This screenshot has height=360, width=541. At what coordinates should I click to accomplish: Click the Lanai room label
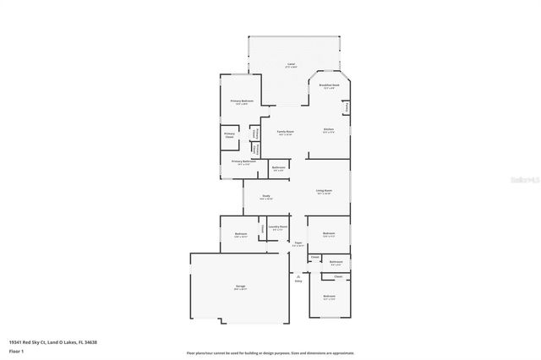[290, 64]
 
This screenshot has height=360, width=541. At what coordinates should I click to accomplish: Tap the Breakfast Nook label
[329, 85]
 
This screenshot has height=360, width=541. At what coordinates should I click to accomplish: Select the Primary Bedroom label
[243, 101]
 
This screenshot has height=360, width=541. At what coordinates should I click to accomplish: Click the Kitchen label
[329, 129]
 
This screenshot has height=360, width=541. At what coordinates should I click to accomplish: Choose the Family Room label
[286, 132]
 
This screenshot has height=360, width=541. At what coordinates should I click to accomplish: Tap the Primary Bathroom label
[243, 161]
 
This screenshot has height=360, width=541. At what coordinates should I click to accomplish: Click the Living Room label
[324, 191]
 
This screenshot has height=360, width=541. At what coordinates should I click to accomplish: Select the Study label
[265, 197]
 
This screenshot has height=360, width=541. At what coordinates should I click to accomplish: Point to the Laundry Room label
[278, 226]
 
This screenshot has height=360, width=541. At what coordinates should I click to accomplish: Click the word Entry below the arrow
[298, 281]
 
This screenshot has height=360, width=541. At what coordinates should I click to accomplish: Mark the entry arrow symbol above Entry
[298, 275]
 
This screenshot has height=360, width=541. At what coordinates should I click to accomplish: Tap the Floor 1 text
[15, 350]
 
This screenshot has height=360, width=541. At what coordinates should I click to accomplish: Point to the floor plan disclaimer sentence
[270, 352]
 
